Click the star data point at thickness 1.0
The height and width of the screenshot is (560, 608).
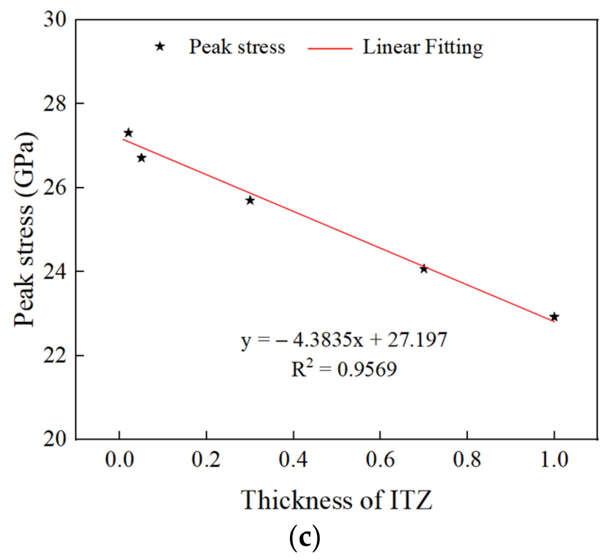click(554, 317)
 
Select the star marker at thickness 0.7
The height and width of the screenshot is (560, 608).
click(424, 269)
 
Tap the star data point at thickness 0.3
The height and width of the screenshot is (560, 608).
click(250, 200)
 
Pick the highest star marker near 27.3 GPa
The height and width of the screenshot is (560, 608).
click(128, 133)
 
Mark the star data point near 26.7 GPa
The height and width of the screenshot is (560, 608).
click(141, 158)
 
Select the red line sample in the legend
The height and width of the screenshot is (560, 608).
click(330, 48)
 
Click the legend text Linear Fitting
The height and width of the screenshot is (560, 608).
click(422, 47)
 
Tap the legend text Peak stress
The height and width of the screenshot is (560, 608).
click(237, 47)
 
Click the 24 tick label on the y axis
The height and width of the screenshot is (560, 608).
click(55, 271)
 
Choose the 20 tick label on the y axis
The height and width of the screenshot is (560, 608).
click(55, 439)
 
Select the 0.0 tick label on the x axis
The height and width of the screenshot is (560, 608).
click(119, 460)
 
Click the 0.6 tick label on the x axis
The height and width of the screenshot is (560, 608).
click(380, 460)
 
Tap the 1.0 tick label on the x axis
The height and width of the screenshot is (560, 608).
click(554, 460)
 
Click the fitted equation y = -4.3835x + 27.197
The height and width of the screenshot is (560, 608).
click(344, 340)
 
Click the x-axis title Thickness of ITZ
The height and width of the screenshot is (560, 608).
click(336, 500)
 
